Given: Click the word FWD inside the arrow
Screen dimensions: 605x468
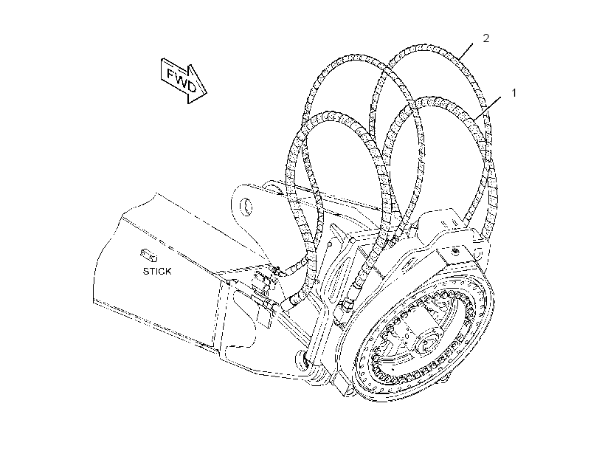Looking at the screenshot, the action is (181, 80).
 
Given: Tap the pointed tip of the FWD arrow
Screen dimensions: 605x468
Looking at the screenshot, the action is (207, 93).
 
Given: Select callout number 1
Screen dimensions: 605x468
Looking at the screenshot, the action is (514, 93).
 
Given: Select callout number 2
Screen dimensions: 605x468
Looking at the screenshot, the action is (486, 38).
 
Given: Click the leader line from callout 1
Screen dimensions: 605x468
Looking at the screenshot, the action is (488, 107).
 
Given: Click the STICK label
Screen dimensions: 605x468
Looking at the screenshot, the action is (157, 272).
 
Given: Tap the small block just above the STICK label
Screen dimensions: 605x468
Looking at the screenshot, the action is (148, 255).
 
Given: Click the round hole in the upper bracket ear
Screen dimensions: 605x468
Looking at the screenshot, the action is (246, 207).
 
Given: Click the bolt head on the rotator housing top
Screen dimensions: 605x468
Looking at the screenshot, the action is (456, 252).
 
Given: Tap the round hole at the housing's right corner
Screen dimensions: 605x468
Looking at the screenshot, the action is (477, 253).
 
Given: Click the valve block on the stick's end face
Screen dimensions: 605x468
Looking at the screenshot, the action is (263, 294).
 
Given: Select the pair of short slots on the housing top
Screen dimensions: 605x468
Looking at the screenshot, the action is (448, 222).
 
